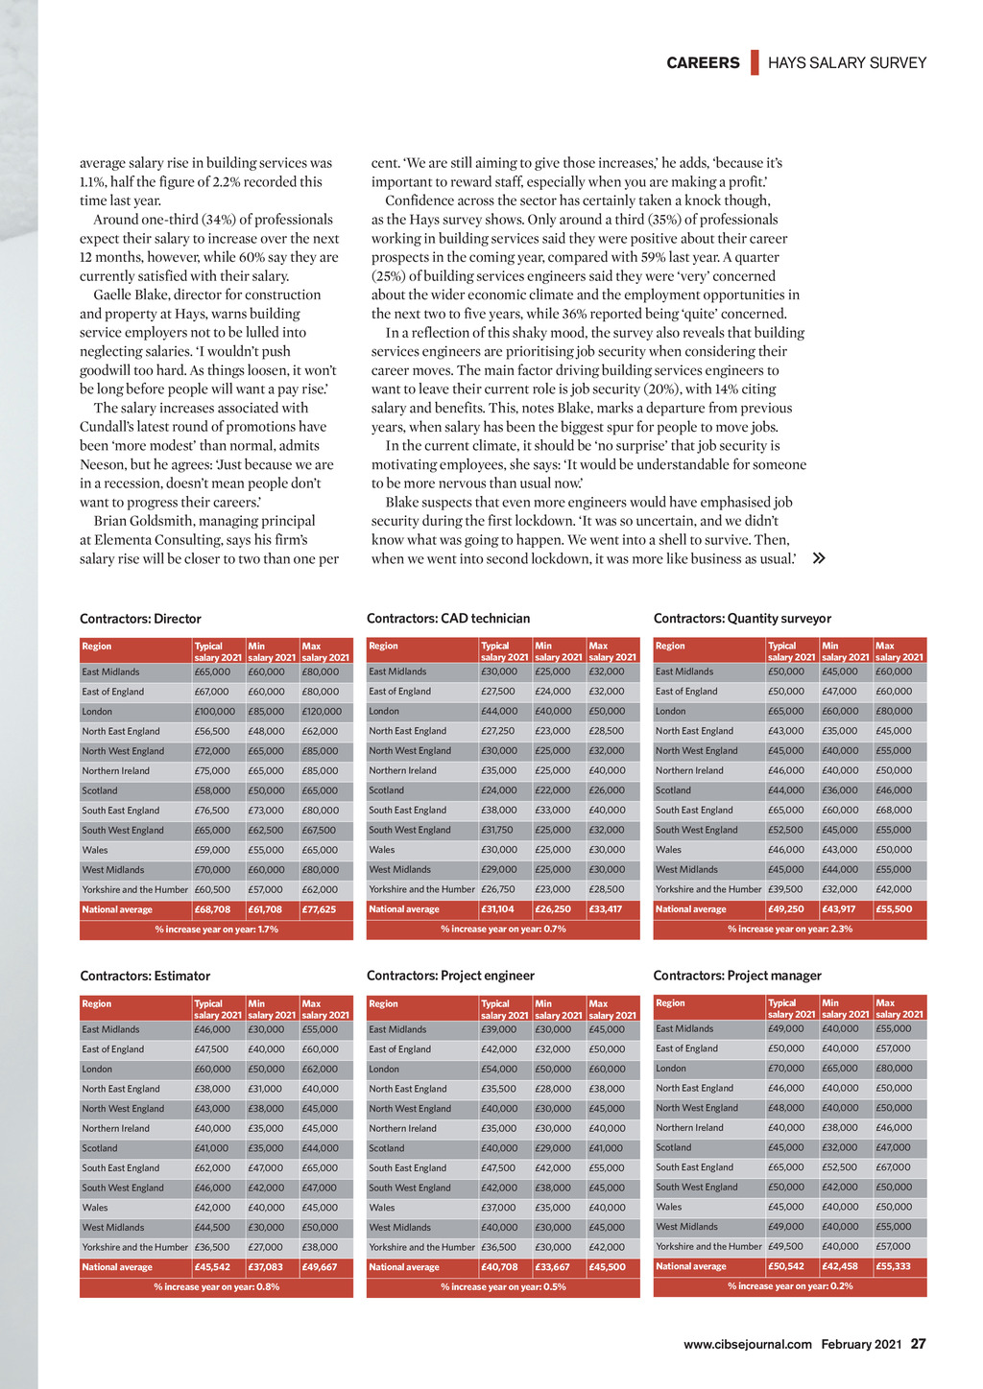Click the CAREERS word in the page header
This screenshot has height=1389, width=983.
pos(703,63)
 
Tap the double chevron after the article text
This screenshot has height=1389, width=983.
pos(819,558)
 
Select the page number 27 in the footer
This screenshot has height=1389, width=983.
pos(919,1344)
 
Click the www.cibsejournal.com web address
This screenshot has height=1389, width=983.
pos(748,1345)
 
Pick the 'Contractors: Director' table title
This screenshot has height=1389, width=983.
pos(140,619)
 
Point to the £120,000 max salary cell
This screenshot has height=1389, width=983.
pos(322,712)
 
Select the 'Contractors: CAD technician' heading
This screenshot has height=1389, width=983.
pos(448,619)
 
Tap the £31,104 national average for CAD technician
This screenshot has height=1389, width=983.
pos(497,909)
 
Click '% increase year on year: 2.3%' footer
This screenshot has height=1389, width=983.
pos(790,930)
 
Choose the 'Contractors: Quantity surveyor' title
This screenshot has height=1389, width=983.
pos(742,619)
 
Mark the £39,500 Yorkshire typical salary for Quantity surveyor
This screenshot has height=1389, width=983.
pos(785,889)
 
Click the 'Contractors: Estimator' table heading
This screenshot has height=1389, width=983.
pos(145,977)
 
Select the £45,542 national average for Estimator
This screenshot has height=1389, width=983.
pos(212,1267)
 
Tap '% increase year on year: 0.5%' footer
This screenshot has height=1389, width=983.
pos(503,1287)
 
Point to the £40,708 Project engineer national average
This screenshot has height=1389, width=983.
pos(499,1267)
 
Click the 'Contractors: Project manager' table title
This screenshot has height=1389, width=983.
pos(737,976)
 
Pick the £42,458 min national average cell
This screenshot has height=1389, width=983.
pos(840,1266)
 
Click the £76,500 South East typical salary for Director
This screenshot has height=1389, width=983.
pos(212,811)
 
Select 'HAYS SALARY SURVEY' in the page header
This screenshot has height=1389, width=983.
pos(848,63)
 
